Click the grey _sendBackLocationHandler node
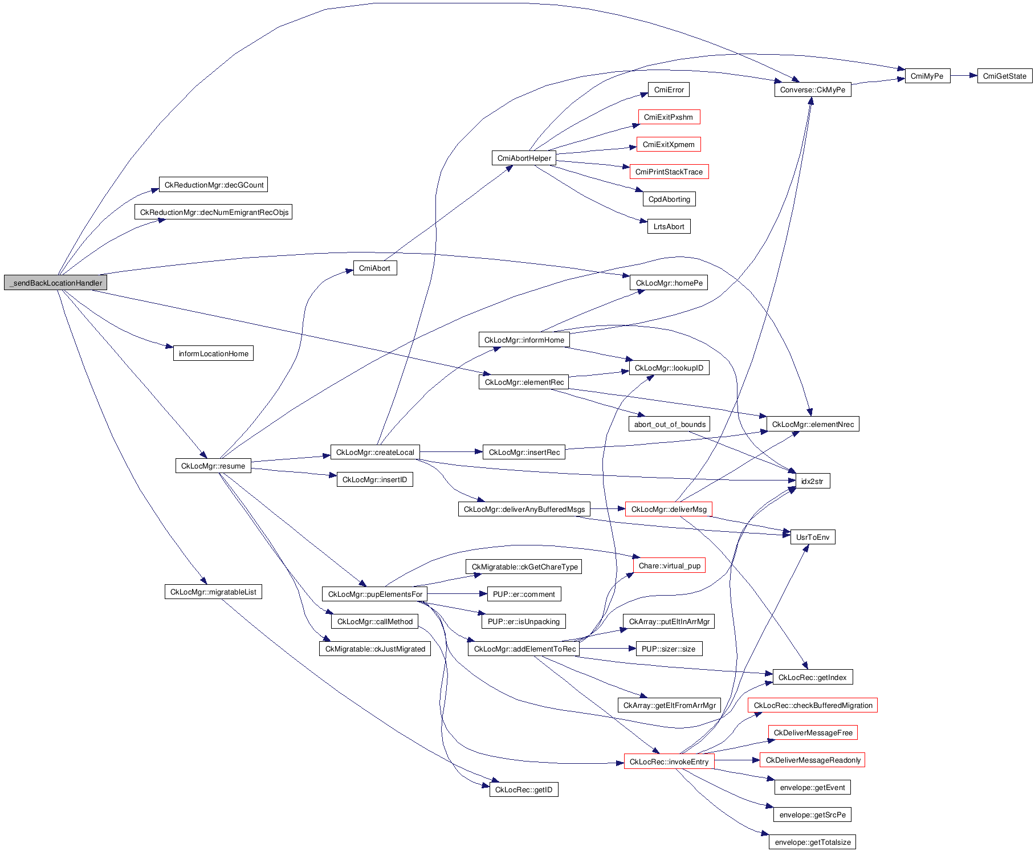tap(55, 283)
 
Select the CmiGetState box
tap(1004, 76)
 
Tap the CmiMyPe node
tap(927, 76)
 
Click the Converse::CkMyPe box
tap(812, 89)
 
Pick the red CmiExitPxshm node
tap(669, 117)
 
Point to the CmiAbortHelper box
tap(524, 158)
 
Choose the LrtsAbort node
tap(669, 226)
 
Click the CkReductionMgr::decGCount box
tap(213, 185)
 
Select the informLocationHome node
tap(213, 353)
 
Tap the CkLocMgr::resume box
tap(213, 466)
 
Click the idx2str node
tap(812, 481)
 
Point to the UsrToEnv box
tap(812, 537)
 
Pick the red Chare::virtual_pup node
tap(669, 565)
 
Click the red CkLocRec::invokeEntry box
tap(669, 762)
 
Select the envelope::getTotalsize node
tap(812, 842)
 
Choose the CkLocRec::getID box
tap(523, 789)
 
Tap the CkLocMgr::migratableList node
tap(213, 592)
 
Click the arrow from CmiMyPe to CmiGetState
tap(964, 75)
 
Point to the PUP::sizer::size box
tap(669, 649)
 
